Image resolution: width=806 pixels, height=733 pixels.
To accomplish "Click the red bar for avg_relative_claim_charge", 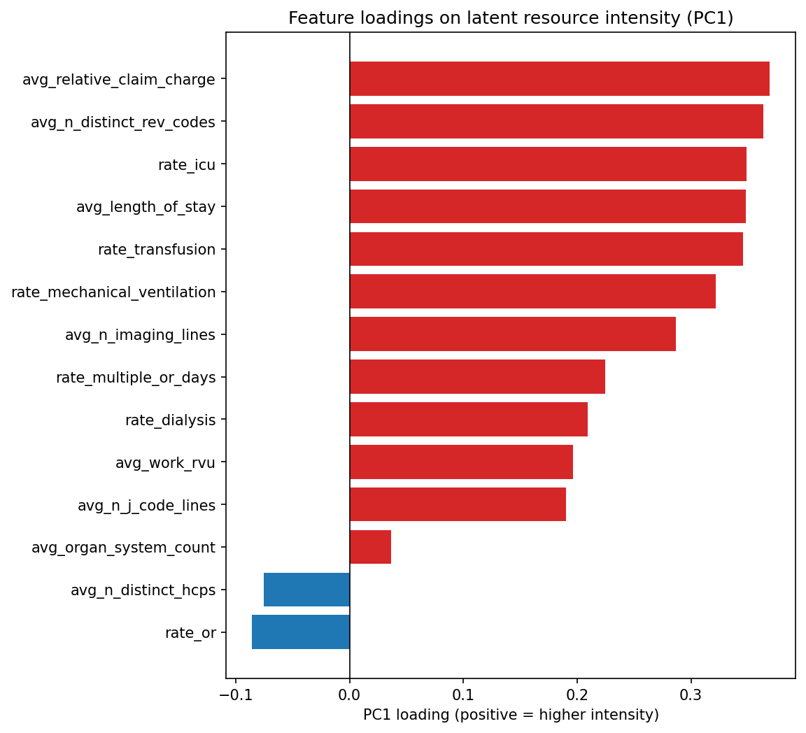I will click(559, 79).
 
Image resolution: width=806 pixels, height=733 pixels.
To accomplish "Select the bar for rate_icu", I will click(548, 164).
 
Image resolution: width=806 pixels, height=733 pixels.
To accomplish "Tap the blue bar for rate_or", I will click(301, 632).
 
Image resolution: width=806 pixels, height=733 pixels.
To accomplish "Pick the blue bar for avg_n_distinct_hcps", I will click(306, 590).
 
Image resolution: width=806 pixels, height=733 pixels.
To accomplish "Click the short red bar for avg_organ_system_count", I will click(370, 547).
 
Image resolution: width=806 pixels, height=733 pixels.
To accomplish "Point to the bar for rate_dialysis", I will click(468, 420).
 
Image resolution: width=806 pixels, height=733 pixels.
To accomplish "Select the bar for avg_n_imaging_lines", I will click(512, 334).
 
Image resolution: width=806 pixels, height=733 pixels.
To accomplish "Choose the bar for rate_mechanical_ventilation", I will click(532, 292).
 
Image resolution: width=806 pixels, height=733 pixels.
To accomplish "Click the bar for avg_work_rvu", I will click(461, 462).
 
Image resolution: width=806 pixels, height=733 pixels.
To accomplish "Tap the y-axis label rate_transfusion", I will click(156, 250).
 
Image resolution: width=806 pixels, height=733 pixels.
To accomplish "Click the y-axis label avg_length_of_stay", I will click(146, 207).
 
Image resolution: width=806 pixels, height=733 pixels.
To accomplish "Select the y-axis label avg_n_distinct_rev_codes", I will click(122, 122).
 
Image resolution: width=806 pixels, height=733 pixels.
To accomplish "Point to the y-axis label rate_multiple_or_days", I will click(135, 378).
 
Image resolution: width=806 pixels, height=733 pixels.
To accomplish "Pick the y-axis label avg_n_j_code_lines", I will click(146, 505).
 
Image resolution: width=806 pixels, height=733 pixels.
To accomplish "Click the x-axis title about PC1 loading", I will click(511, 715).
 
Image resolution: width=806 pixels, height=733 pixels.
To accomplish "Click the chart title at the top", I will click(511, 18).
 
